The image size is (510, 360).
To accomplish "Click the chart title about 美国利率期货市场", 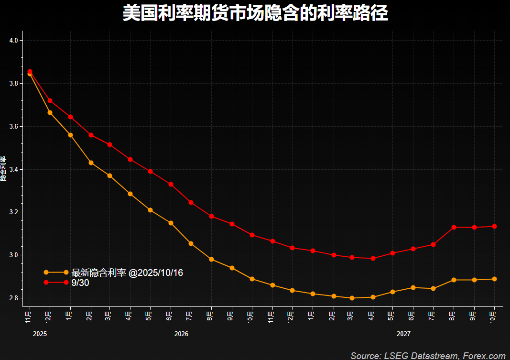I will (x=255, y=13).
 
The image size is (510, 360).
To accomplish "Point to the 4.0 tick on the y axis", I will (x=13, y=41).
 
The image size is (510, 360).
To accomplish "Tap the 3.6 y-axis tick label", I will (x=13, y=127).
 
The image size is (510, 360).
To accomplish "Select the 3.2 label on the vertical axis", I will (x=13, y=212).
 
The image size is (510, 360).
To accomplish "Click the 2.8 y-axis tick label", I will (x=13, y=298).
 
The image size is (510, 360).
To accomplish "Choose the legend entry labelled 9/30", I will (x=80, y=283).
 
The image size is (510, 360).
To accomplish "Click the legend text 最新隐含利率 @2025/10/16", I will (x=127, y=273).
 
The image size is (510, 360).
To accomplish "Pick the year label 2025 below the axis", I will (x=40, y=334).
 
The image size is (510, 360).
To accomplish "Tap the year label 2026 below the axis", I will (x=181, y=334).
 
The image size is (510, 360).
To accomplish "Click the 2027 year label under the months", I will (x=403, y=334).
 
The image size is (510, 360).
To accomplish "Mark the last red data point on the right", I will (x=495, y=227).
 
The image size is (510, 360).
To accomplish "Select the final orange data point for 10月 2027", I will (x=495, y=279).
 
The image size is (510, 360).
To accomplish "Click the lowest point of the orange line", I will (x=352, y=298).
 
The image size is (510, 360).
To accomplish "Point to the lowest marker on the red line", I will (x=373, y=258).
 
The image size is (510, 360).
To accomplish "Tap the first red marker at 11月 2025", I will (x=30, y=71).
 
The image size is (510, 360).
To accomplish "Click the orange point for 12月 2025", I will (x=50, y=112).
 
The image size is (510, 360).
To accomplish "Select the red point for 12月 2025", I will (x=50, y=100).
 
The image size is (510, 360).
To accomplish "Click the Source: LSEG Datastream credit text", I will (x=428, y=356).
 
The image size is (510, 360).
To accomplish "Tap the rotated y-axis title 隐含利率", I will (x=3, y=169).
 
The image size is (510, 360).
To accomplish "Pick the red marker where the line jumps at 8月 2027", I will (x=454, y=227).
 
